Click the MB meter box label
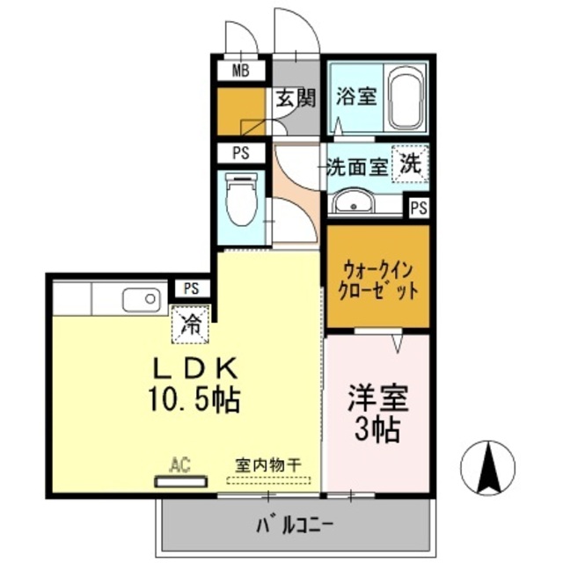[x=239, y=70]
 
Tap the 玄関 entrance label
[x=295, y=97]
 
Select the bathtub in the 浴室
[x=406, y=99]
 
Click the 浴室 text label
[x=355, y=97]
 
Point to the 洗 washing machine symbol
[x=410, y=163]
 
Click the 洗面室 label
[x=357, y=166]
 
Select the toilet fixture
[x=239, y=201]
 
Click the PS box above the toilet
[x=240, y=153]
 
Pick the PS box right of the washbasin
[x=419, y=208]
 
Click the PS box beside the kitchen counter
[x=192, y=288]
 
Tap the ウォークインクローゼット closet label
[x=377, y=278]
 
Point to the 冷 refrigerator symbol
[x=190, y=322]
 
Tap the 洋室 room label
[x=378, y=398]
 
